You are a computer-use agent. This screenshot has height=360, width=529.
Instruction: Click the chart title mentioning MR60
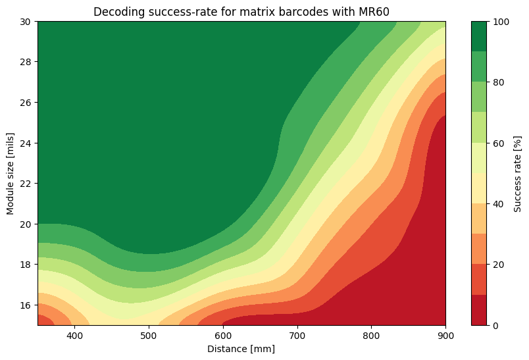[x=241, y=12]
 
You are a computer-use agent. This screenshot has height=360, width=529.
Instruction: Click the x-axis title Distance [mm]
[x=241, y=349]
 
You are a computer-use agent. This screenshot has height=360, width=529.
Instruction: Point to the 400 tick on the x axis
[x=74, y=336]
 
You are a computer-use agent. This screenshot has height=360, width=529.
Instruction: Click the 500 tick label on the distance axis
[x=149, y=336]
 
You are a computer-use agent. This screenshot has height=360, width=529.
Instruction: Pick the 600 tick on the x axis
[x=223, y=336]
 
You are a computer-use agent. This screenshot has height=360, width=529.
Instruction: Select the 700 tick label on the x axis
[x=297, y=336]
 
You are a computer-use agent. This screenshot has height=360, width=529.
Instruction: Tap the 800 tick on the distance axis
[x=372, y=336]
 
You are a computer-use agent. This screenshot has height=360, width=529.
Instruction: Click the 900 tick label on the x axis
[x=446, y=336]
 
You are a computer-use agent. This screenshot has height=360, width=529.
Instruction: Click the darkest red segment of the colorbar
[x=480, y=310]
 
